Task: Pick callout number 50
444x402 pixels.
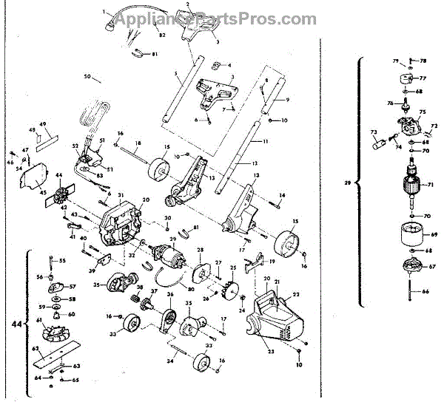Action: [x=87, y=77]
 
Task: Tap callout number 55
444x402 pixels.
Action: [x=62, y=261]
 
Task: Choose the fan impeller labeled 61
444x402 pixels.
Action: [x=52, y=330]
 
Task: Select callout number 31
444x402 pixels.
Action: [x=121, y=195]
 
